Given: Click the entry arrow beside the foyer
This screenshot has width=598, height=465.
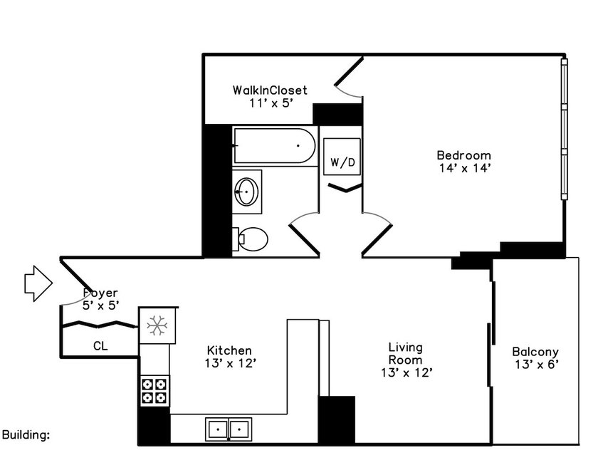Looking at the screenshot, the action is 38,283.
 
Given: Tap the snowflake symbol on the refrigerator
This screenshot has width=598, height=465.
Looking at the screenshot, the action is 157,325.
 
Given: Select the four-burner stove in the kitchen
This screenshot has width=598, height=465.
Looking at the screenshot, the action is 154,391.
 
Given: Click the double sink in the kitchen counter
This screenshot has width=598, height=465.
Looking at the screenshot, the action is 229,429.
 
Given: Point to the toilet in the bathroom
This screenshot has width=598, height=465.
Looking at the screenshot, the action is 250,239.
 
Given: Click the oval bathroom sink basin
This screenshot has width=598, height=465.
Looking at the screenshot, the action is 246,192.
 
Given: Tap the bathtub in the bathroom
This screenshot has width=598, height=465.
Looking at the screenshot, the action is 275,146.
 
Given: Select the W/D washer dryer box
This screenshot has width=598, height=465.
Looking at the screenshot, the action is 342,157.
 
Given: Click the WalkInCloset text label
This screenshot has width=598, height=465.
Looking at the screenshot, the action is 270,90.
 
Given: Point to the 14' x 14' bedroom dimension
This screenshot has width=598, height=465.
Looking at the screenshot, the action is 464,168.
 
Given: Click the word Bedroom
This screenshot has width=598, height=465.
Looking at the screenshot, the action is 463,155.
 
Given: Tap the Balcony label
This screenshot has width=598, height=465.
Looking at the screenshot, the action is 535,352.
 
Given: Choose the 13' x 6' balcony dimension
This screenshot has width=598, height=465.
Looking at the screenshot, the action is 537,365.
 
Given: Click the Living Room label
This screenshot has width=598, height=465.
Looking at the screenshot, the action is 406,354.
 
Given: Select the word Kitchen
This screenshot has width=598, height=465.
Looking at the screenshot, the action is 229,350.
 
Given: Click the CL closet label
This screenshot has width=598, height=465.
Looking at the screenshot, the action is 100,346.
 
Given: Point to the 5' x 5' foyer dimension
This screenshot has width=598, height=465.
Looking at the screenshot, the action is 100,305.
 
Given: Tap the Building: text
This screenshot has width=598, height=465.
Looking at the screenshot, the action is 26,435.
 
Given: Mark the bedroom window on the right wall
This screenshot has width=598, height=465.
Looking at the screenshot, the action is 565,129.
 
